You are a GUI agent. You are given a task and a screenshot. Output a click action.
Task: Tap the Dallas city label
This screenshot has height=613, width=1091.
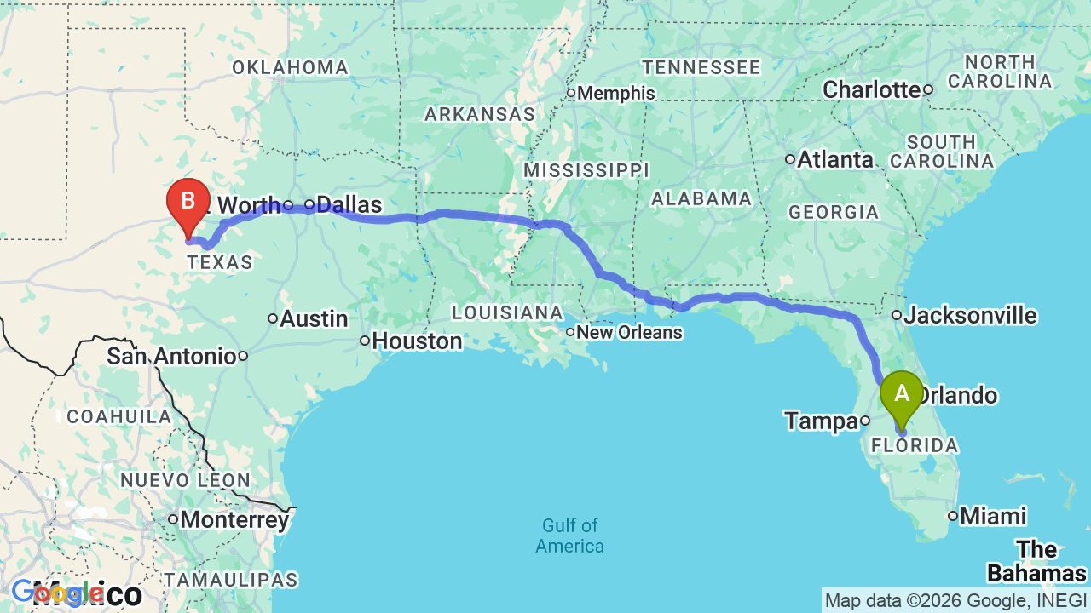tap(349, 205)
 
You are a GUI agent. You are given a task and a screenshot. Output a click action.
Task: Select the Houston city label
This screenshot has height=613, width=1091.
tap(417, 341)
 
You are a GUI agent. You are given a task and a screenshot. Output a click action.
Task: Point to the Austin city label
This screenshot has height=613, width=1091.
tap(314, 319)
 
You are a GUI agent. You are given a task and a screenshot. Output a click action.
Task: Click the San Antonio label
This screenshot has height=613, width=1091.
tap(171, 356)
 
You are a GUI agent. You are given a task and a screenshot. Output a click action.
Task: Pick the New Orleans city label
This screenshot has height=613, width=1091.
tap(629, 332)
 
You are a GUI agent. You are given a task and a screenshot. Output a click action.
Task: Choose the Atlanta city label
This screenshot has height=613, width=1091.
tap(834, 160)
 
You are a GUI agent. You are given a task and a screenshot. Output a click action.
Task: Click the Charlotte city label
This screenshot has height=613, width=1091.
tap(872, 89)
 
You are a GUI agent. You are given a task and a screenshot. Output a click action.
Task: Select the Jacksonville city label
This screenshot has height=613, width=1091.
tap(970, 316)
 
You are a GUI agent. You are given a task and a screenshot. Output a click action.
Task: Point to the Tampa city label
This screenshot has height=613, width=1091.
tap(821, 421)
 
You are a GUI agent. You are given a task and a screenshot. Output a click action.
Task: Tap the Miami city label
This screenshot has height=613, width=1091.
tap(992, 516)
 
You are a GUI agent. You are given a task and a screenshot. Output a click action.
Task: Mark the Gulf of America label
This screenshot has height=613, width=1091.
tap(570, 536)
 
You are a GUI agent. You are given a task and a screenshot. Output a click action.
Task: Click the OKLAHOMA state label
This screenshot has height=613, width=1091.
tap(290, 68)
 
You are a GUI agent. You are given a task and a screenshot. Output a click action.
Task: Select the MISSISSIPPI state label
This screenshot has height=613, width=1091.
tap(586, 170)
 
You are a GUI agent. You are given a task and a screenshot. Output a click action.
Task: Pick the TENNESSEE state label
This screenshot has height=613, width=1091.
tap(701, 67)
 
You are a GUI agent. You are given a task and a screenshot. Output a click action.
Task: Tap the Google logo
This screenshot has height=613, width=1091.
tap(58, 593)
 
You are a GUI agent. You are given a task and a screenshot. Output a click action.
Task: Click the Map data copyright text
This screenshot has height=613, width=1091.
tap(956, 601)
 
